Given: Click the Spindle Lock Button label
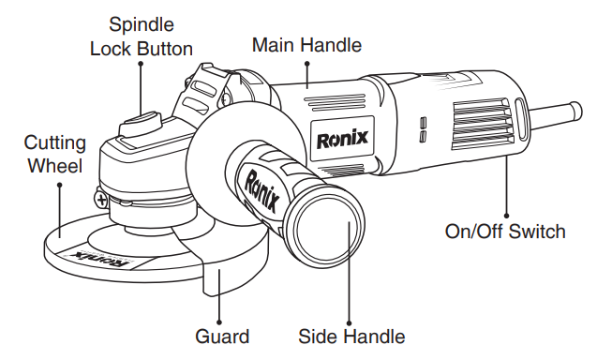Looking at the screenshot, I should tap(141, 35).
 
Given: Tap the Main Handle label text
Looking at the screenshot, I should tap(307, 44).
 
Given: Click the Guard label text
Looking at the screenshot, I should tap(222, 336).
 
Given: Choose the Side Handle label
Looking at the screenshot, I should tap(351, 336).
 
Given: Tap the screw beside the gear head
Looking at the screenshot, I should tap(100, 198).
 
